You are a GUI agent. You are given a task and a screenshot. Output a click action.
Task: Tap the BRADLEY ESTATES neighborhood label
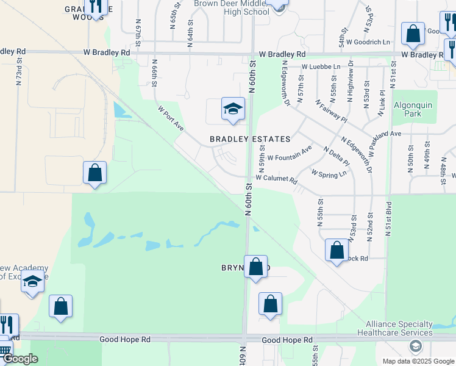[x=250, y=139]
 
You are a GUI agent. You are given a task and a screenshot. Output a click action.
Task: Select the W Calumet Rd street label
[x=276, y=179]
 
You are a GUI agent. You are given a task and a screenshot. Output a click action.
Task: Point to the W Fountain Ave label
[x=290, y=152]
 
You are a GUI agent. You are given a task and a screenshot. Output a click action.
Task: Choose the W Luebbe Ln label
[x=321, y=66]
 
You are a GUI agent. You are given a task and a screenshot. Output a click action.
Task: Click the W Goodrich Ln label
[x=368, y=42]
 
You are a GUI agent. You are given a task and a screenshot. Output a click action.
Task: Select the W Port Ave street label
[x=171, y=118]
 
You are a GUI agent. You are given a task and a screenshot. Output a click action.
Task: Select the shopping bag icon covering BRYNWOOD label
[x=256, y=267]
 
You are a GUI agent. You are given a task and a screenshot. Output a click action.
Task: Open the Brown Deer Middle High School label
[x=231, y=7]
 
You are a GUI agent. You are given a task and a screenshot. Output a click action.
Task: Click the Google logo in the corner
[x=20, y=359]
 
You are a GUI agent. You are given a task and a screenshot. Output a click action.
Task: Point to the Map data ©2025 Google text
[x=418, y=361]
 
